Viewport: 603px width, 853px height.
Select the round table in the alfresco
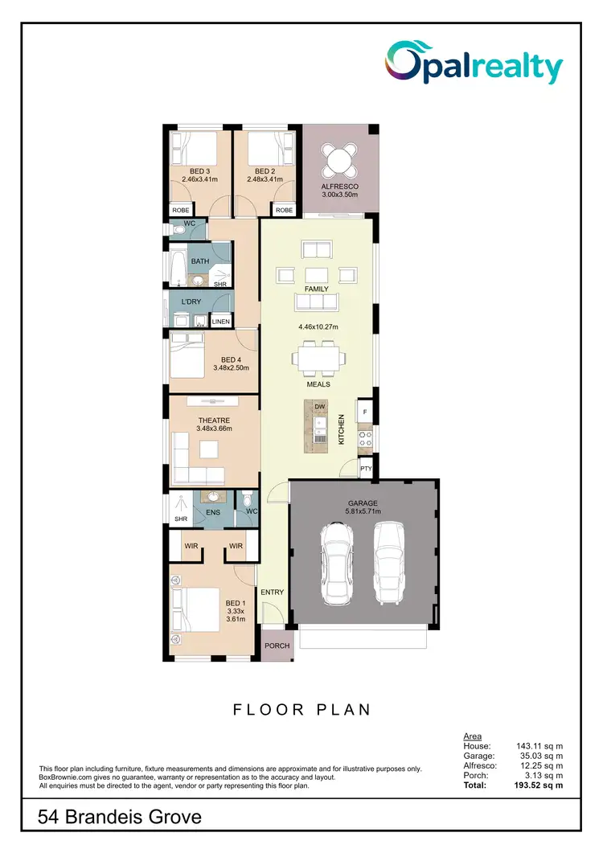[x=338, y=159]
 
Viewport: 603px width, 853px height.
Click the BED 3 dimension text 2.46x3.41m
[x=200, y=180]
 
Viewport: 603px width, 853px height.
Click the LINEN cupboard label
[x=221, y=322]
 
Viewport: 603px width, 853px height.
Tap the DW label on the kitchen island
[x=320, y=407]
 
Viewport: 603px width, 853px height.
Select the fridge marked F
[x=365, y=412]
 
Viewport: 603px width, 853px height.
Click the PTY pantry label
[x=366, y=468]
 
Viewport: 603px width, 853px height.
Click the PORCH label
[x=277, y=646]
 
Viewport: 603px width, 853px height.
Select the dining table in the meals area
[x=320, y=358]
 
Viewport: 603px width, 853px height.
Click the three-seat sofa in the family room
[x=316, y=301]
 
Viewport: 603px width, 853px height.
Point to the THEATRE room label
[x=214, y=420]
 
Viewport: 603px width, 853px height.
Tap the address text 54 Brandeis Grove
[x=120, y=818]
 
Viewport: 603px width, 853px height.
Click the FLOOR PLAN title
[x=301, y=710]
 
